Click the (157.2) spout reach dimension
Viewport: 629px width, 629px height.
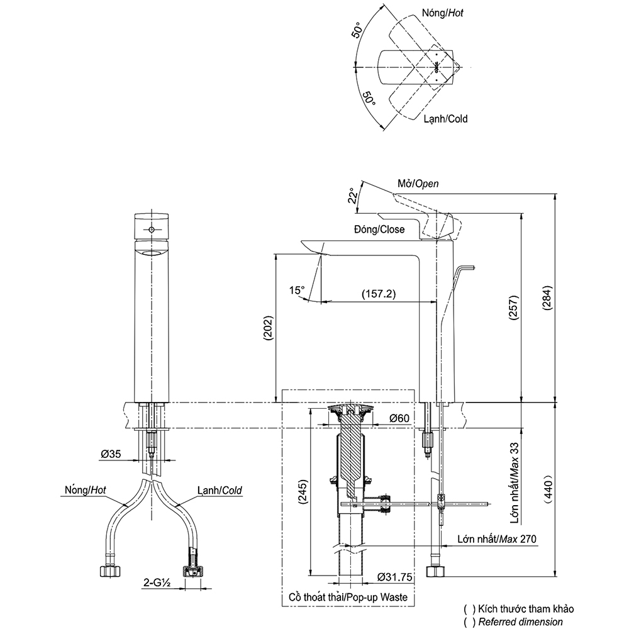378,294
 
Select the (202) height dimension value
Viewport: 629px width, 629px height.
267,327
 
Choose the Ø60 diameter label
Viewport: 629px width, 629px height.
399,418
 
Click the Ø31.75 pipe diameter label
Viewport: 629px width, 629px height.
395,577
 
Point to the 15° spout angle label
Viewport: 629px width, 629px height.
296,290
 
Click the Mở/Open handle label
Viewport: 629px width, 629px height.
418,184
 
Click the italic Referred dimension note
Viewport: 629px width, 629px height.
521,621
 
